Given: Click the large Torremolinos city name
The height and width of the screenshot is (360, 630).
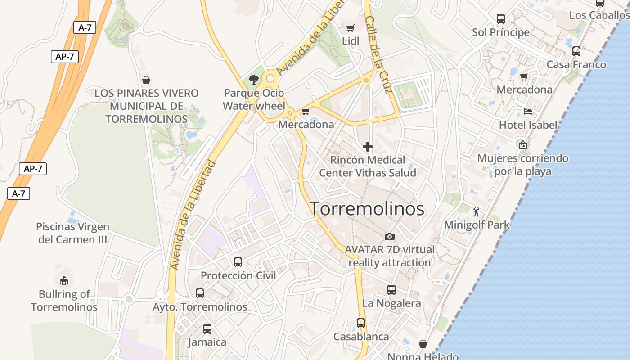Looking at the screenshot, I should click(367, 209).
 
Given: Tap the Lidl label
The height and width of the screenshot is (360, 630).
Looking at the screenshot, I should click(351, 41).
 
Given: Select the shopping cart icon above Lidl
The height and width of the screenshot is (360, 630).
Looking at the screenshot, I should click(351, 28).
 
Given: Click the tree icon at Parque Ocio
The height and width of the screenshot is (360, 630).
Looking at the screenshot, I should click(254, 80).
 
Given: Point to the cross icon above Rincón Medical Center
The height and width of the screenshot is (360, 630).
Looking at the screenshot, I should click(368, 147).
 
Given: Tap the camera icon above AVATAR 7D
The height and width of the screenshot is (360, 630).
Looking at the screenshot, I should click(390, 236).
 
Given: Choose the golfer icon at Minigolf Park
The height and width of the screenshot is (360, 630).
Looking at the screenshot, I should click(477, 211).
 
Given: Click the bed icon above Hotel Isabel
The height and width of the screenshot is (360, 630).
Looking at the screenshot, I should click(528, 112).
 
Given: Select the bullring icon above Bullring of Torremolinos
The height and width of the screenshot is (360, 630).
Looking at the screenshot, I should click(64, 280).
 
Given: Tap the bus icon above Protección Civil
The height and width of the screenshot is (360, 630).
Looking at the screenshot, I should click(238, 262).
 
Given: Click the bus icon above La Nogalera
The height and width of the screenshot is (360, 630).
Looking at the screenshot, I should click(391, 290).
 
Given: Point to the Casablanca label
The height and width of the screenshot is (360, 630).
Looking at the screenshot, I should click(361, 337).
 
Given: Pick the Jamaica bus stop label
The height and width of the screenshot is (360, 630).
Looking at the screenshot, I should click(207, 342).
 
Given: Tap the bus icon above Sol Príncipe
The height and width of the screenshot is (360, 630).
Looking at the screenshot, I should click(500, 19).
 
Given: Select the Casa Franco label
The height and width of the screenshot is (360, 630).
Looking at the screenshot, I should click(576, 65).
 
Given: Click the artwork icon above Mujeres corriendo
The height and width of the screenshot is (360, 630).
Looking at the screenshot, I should click(522, 145).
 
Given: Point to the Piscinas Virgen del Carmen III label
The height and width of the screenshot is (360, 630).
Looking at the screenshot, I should click(73, 233).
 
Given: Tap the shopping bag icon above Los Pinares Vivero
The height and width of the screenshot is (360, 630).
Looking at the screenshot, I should click(146, 80).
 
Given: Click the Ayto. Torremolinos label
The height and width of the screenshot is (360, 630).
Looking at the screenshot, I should click(200, 307).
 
